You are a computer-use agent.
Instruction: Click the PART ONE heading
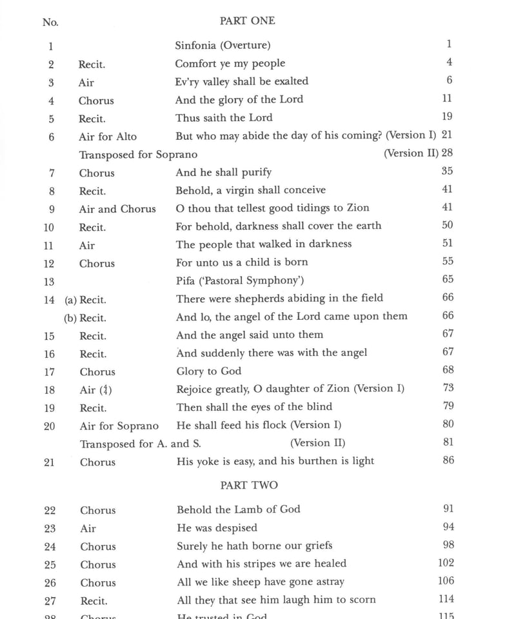pos(247,21)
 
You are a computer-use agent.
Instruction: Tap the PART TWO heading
pos(248,485)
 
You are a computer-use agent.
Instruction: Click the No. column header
pos(50,23)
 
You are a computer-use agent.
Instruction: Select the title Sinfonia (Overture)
pos(223,45)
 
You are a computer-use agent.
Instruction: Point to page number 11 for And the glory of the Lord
pos(448,99)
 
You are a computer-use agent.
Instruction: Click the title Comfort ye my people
pos(230,63)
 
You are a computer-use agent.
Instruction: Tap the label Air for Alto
pos(108,136)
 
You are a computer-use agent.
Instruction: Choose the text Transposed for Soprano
pos(138,155)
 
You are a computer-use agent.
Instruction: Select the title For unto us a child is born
pos(242,262)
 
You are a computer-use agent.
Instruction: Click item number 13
pos(50,282)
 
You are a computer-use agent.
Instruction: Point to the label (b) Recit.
pos(85,318)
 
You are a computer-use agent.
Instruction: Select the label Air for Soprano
pos(119,426)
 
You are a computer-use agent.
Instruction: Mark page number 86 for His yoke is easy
pos(448,460)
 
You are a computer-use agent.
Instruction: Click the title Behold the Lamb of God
pos(239,509)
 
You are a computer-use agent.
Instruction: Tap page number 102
pos(446,563)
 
